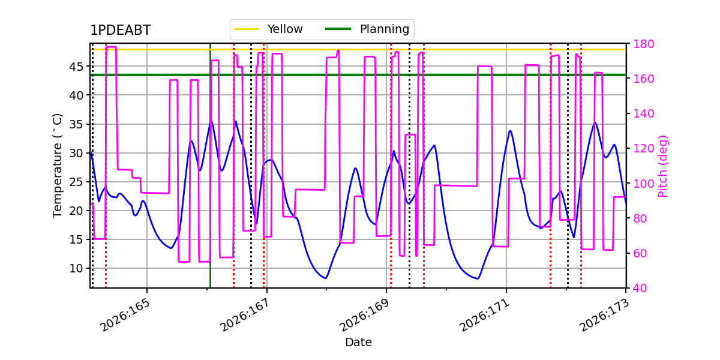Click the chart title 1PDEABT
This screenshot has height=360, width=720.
[x=121, y=30]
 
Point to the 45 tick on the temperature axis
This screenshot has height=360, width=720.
[x=76, y=67]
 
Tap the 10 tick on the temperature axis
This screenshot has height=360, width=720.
[x=76, y=268]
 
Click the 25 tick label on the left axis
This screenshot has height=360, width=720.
[x=76, y=182]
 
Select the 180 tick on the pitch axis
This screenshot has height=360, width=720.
[x=643, y=44]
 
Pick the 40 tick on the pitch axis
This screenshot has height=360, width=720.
[x=640, y=288]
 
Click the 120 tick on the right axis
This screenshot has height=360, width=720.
[x=643, y=149]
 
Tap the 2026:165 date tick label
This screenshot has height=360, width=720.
[x=125, y=316]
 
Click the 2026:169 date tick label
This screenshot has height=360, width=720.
[x=364, y=316]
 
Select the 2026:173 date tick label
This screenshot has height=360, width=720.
[x=604, y=316]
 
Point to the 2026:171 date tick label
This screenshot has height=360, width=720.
[x=484, y=316]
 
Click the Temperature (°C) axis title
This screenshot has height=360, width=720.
[x=57, y=166]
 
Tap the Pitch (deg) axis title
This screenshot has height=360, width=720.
[x=663, y=166]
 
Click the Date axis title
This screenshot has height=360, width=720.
[x=358, y=342]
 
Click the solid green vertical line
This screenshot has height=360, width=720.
[x=210, y=166]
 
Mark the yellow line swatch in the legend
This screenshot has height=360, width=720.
[x=247, y=29]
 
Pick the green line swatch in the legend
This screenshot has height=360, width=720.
[x=338, y=29]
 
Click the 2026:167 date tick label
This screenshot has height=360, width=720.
[x=245, y=316]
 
